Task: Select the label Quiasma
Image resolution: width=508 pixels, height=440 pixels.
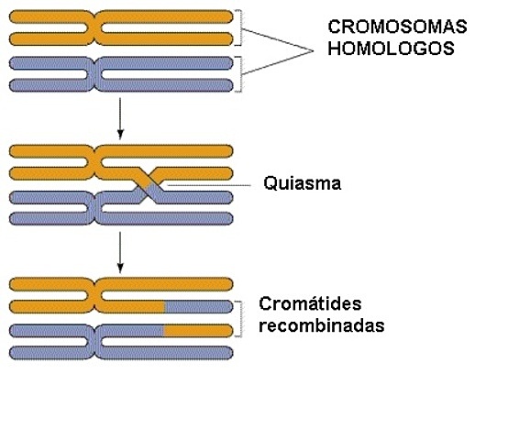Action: pyautogui.click(x=302, y=183)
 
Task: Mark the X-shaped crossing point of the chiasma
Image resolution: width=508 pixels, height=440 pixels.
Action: pyautogui.click(x=151, y=184)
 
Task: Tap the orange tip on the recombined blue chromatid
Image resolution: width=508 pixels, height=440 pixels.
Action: pyautogui.click(x=196, y=329)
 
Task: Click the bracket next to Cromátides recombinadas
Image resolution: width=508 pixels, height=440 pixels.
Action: pyautogui.click(x=239, y=318)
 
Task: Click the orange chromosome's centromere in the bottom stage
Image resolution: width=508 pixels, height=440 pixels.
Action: pyautogui.click(x=93, y=295)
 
